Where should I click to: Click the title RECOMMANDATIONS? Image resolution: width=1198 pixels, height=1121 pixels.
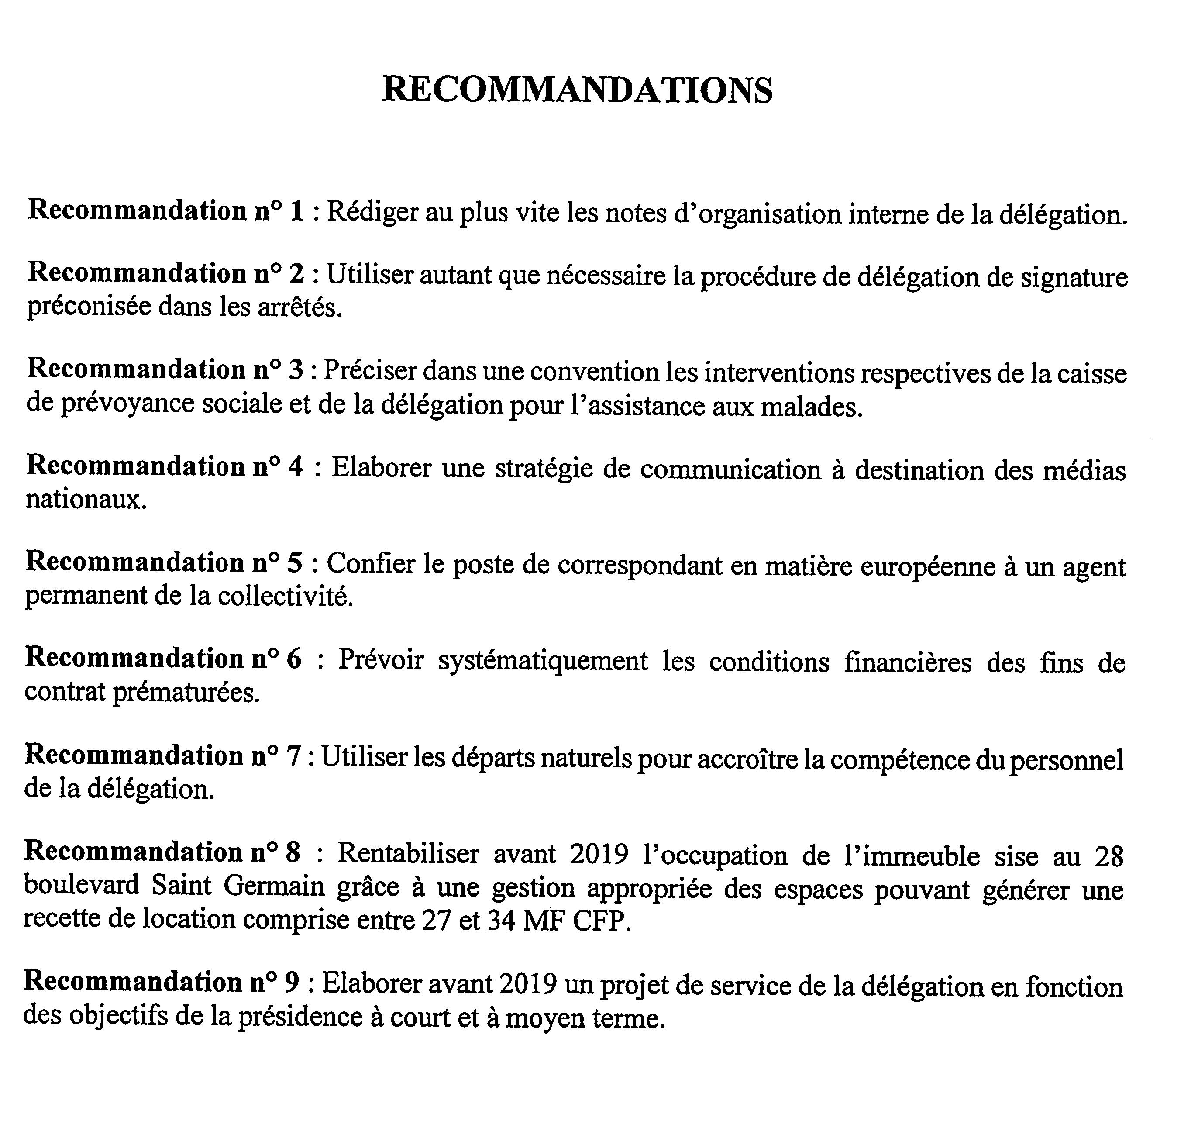pos(577,90)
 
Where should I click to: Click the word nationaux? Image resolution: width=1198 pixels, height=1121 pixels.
pos(86,500)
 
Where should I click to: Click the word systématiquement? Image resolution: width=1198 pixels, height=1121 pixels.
pos(542,662)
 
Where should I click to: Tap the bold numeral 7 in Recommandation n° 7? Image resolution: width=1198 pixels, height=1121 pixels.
pos(293,756)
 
